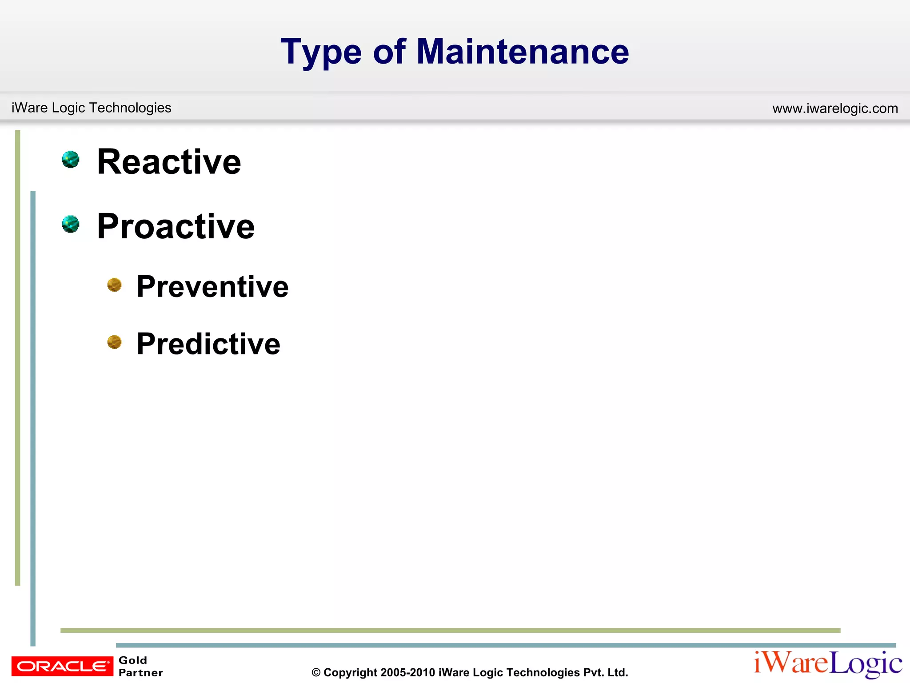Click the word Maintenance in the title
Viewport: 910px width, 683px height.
(x=523, y=52)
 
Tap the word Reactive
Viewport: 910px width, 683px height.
(x=169, y=162)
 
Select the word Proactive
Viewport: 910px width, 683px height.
(x=176, y=226)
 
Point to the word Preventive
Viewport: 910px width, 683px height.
(x=212, y=286)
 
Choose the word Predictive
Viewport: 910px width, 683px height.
(x=208, y=344)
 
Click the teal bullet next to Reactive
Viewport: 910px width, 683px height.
(x=71, y=160)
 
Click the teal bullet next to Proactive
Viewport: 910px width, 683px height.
(x=71, y=224)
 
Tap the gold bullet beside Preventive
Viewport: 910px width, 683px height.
(x=115, y=285)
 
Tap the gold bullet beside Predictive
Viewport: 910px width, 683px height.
(x=115, y=342)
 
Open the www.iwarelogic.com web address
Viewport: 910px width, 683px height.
(x=835, y=108)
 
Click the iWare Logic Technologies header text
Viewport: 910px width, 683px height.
(x=91, y=108)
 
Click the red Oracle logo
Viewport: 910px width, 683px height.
(x=62, y=666)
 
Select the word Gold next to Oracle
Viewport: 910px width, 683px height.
(x=133, y=660)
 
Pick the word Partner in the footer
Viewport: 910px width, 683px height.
(x=140, y=673)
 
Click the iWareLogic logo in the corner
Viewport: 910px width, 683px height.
(x=827, y=664)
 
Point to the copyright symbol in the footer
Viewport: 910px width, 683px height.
(x=316, y=673)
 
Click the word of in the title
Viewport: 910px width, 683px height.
(x=389, y=52)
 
